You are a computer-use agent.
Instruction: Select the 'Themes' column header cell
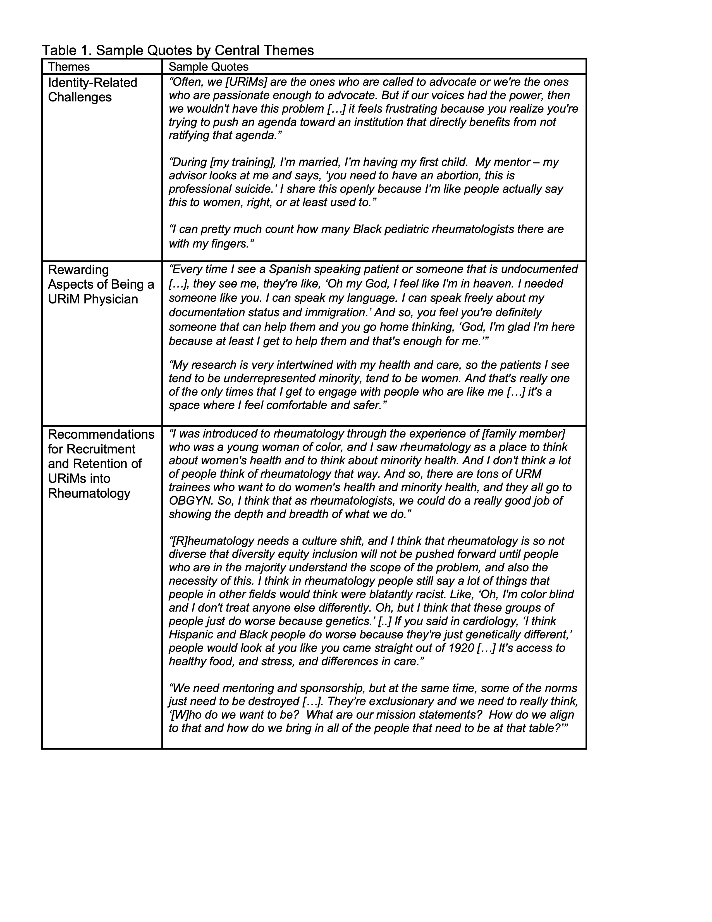click(69, 67)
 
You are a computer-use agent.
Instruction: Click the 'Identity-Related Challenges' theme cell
click(92, 90)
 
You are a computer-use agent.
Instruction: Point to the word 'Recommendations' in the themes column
click(101, 434)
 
